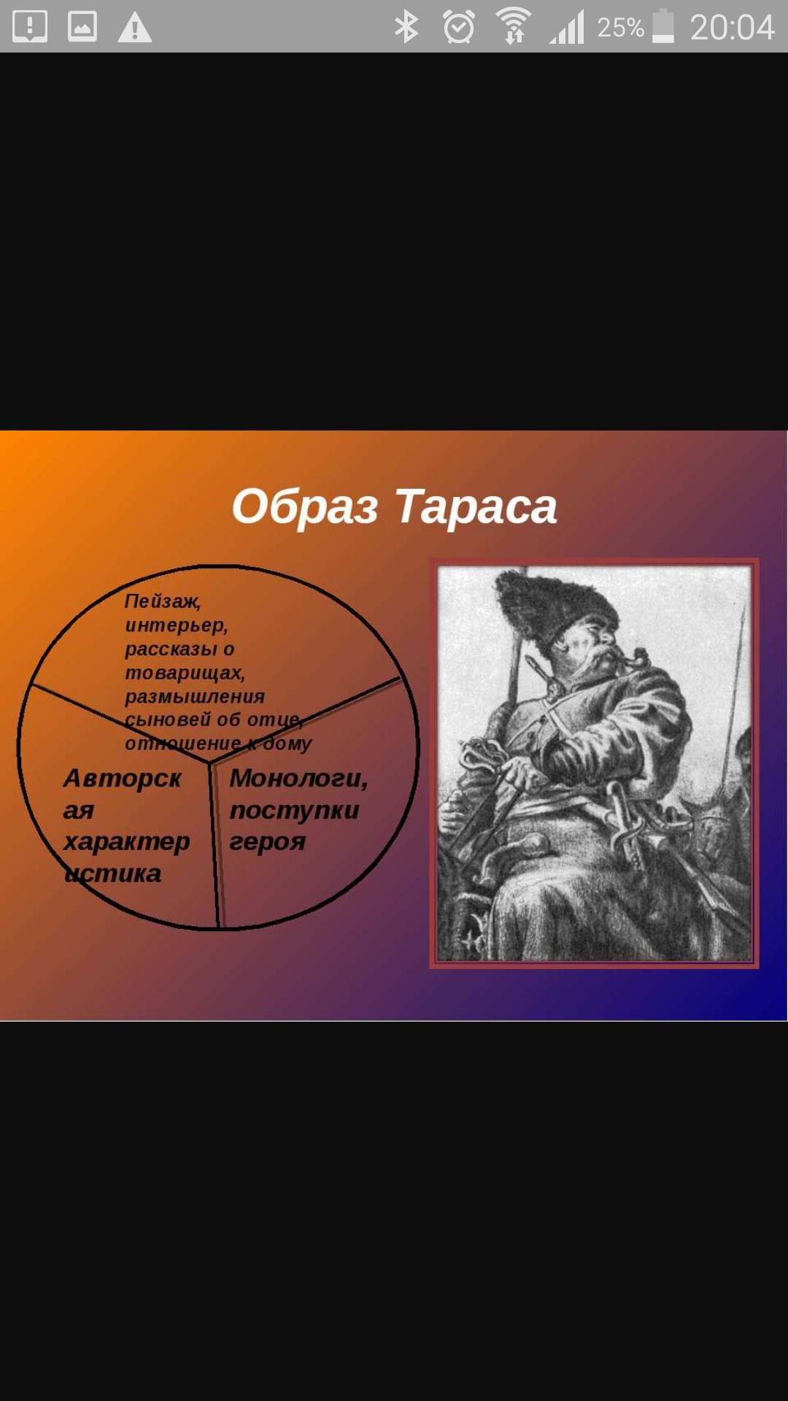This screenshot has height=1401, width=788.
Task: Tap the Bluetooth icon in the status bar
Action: pos(406,27)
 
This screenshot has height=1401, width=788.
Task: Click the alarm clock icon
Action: pos(459,27)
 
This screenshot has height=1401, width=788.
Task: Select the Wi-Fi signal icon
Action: pos(514,26)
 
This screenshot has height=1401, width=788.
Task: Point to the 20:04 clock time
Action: pos(732,28)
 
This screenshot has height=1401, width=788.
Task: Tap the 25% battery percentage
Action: pos(620,28)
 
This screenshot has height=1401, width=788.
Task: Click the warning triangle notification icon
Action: pos(135,28)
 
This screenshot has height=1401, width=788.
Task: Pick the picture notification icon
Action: pos(82,26)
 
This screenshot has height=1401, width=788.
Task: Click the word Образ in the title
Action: pos(305,506)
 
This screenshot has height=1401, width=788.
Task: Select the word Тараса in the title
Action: pos(476,506)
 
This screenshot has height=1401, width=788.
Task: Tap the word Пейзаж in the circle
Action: pos(162,601)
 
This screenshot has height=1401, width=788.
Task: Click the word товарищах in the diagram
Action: pos(185,673)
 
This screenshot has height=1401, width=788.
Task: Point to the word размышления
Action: pos(195,697)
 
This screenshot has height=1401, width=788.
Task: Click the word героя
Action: pos(267,842)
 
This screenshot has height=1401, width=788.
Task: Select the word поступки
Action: pos(294,811)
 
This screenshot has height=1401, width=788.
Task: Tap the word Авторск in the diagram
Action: pos(122,779)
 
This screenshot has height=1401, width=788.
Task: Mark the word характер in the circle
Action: pos(126,842)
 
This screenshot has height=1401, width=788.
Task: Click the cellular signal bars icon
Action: pos(567,28)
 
